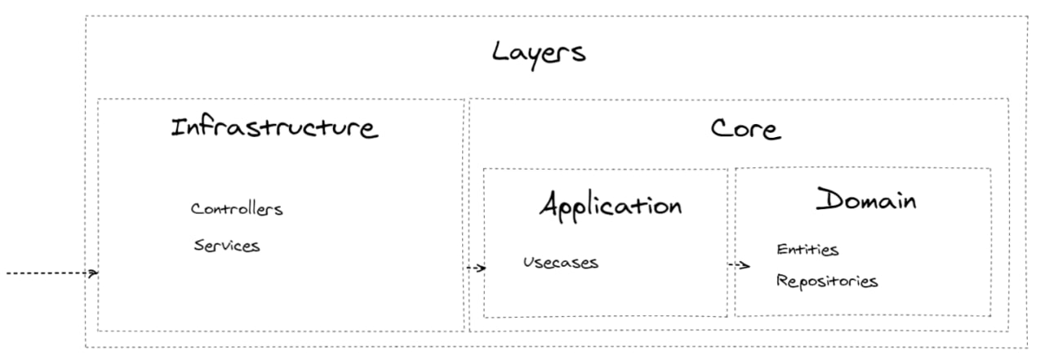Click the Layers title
[539, 54]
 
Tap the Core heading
[745, 128]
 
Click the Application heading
[610, 205]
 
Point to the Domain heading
[866, 199]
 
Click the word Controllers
[237, 209]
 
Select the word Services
[227, 245]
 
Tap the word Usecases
[560, 263]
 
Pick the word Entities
[807, 250]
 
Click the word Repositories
[827, 281]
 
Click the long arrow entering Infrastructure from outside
[52, 273]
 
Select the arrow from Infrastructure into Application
[476, 268]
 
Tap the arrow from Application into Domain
[739, 265]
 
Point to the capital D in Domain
[829, 198]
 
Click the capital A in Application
[549, 204]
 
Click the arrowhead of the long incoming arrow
[94, 273]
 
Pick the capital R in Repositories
[782, 280]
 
